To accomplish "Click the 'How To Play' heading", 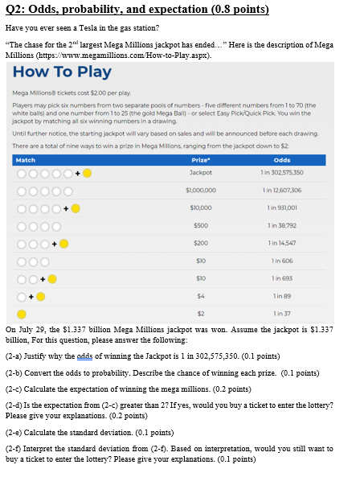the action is pos(63,72).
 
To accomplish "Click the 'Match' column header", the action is pos(27,160).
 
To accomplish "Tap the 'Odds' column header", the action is pos(282,160).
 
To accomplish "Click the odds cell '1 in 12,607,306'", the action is pos(282,191).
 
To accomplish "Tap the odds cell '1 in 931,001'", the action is pos(282,208).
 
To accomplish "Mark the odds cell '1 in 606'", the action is pos(282,260).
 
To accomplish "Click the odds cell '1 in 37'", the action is pos(282,312).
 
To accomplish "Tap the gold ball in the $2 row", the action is pos(20,312).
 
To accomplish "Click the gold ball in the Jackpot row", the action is pos(87,173).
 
